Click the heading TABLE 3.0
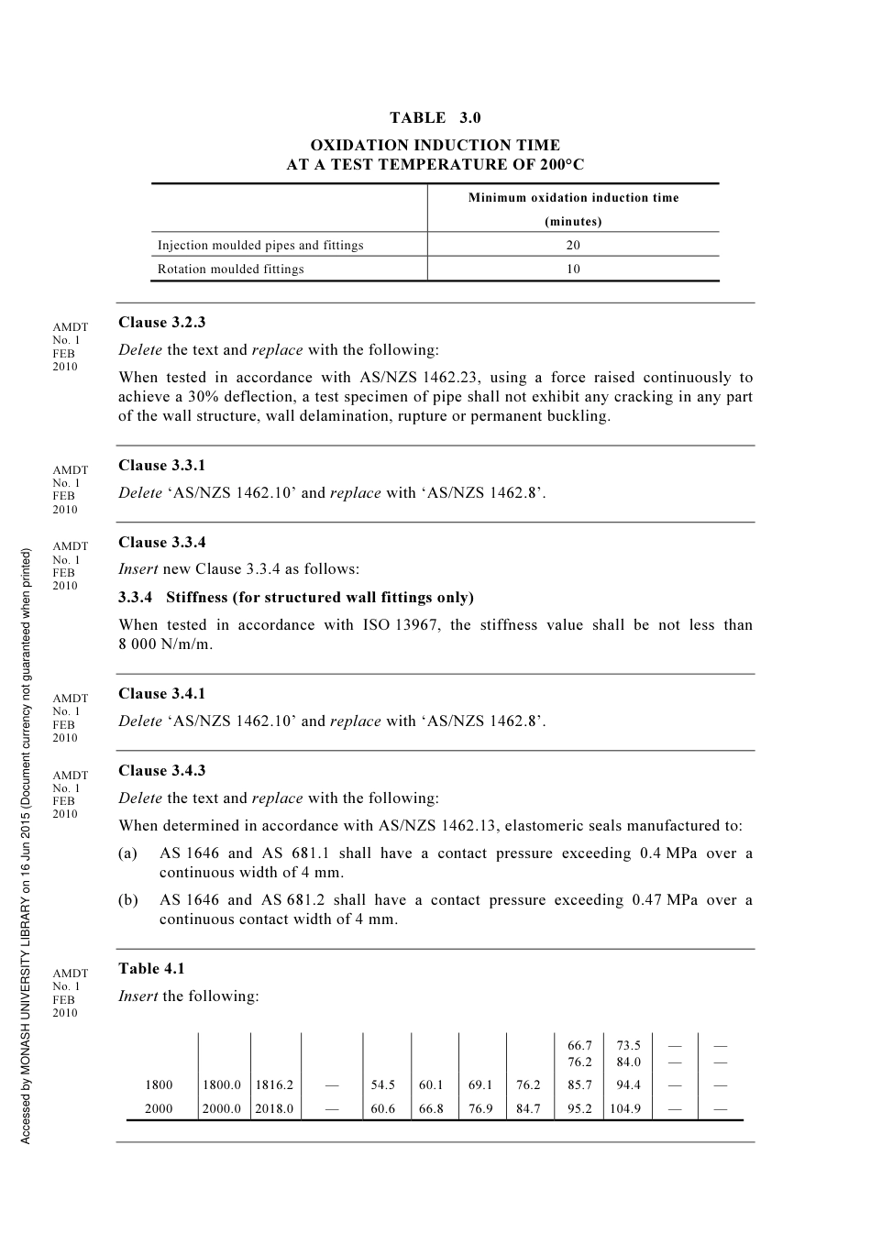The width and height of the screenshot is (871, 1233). click(x=435, y=117)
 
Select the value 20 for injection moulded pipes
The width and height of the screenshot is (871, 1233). click(x=573, y=245)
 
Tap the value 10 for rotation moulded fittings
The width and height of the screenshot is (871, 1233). click(x=573, y=269)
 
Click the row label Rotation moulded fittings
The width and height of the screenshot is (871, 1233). click(x=230, y=269)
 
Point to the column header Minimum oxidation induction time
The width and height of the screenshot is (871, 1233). click(x=573, y=197)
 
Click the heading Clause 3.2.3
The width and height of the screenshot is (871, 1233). click(x=161, y=322)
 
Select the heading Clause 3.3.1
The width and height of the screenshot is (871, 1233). click(x=161, y=465)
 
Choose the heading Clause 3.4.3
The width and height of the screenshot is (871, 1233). click(x=161, y=770)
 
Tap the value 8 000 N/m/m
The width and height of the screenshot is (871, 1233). click(x=165, y=644)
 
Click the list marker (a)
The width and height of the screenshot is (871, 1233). click(x=128, y=853)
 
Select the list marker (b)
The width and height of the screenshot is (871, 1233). click(x=128, y=900)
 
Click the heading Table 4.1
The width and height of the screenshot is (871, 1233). click(x=151, y=968)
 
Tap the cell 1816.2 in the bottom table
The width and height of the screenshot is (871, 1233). click(x=274, y=1084)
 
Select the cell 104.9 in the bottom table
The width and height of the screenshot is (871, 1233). click(x=625, y=1108)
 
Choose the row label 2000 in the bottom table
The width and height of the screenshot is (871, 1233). click(x=159, y=1108)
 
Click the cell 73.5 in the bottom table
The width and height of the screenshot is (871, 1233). click(x=629, y=1045)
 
